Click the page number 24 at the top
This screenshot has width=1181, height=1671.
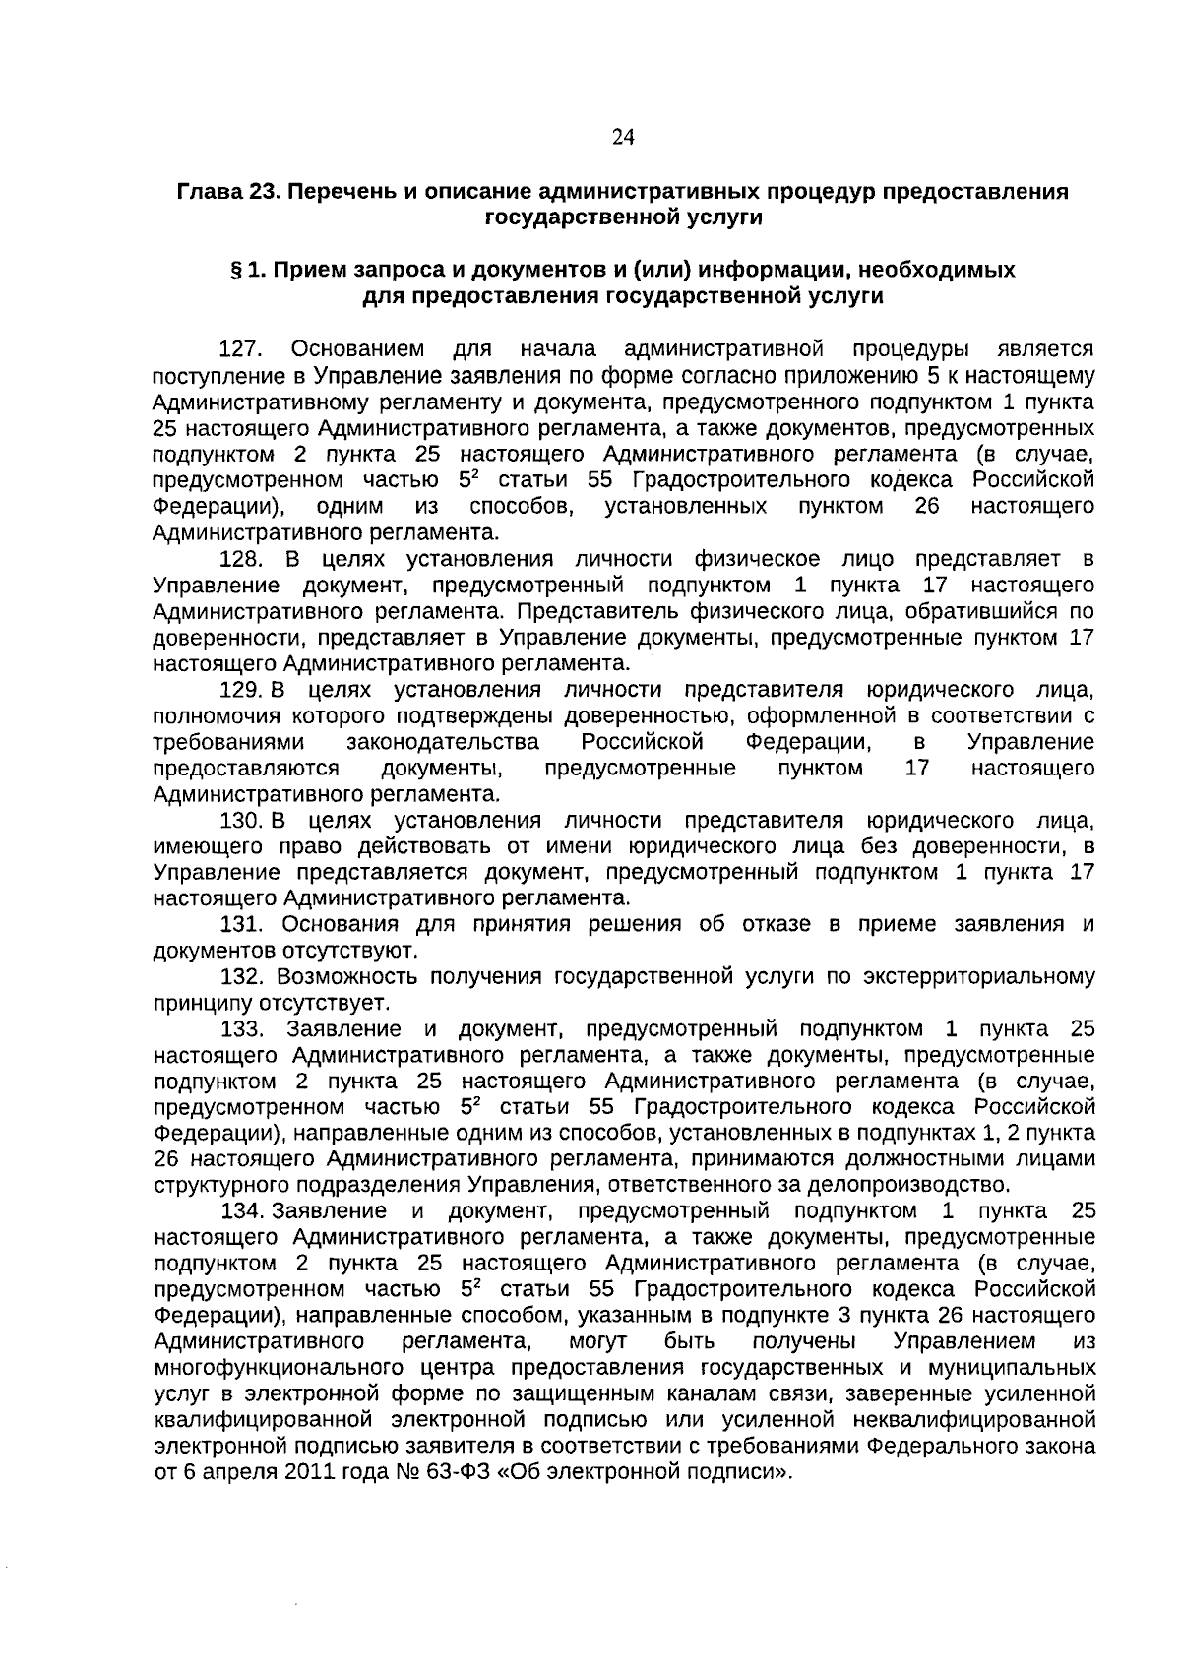623,138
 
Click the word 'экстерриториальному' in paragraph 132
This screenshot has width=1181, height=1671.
978,977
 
